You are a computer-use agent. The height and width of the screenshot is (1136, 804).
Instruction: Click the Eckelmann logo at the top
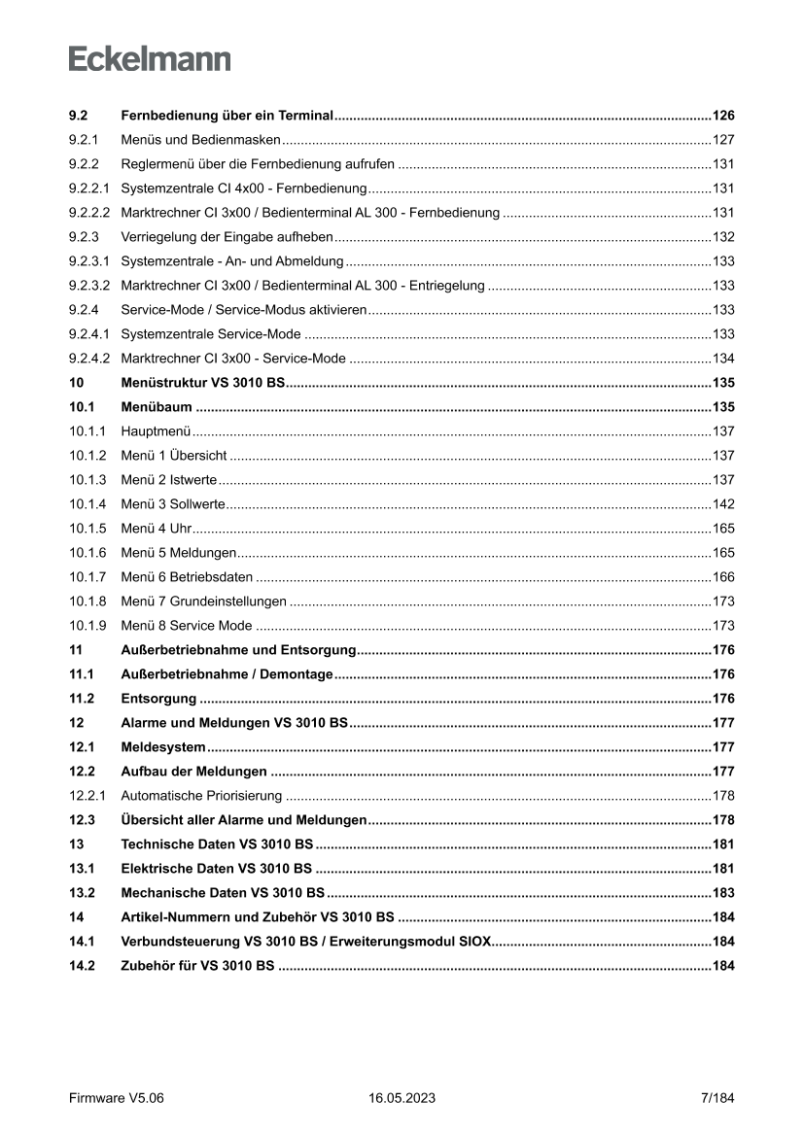[x=150, y=58]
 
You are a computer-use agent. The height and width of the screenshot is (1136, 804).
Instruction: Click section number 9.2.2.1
[x=88, y=189]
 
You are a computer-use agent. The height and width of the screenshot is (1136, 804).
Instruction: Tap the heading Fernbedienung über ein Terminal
[x=227, y=116]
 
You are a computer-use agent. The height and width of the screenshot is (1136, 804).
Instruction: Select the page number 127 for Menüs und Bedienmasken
[x=723, y=140]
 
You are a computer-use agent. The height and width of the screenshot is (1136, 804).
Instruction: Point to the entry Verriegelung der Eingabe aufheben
[x=227, y=237]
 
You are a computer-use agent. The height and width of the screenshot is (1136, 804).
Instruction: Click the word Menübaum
[x=156, y=407]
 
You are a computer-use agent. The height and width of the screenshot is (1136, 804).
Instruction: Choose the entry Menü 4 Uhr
[x=156, y=529]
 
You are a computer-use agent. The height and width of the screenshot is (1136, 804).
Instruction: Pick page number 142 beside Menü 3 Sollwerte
[x=723, y=504]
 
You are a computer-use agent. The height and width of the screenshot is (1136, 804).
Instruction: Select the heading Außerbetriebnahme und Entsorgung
[x=239, y=650]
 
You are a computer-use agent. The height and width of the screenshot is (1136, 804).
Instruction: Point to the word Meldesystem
[x=162, y=747]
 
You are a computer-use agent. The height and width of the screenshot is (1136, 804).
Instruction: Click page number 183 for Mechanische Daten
[x=723, y=893]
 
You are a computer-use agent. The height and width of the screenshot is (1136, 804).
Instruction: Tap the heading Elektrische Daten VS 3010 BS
[x=216, y=869]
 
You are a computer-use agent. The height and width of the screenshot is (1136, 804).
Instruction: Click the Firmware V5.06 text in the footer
[x=117, y=1098]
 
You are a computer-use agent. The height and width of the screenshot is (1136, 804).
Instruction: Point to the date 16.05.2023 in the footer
[x=402, y=1098]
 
